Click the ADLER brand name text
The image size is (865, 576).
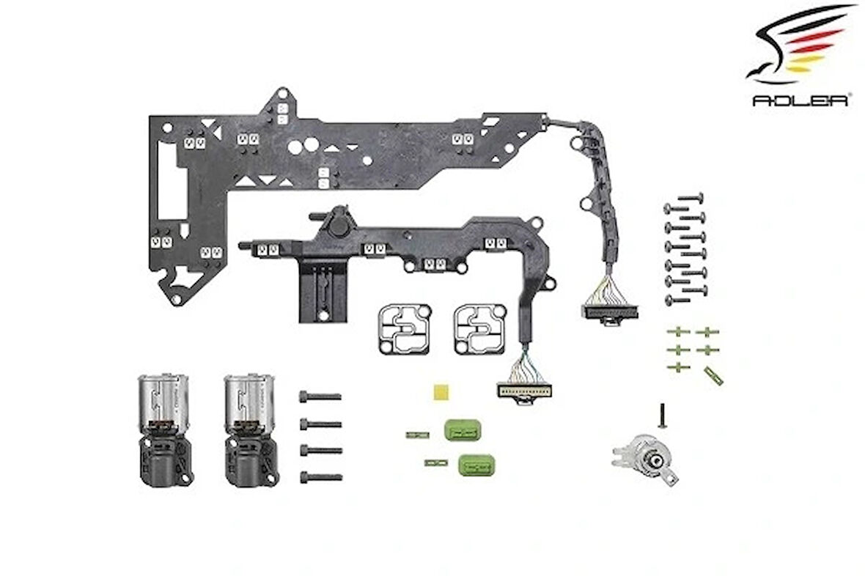[800, 100]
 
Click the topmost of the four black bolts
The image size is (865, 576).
[320, 396]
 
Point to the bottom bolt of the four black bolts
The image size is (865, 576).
[320, 477]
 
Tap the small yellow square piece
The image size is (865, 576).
[441, 390]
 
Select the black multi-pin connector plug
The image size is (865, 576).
[609, 311]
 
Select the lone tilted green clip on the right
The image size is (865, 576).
[713, 377]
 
